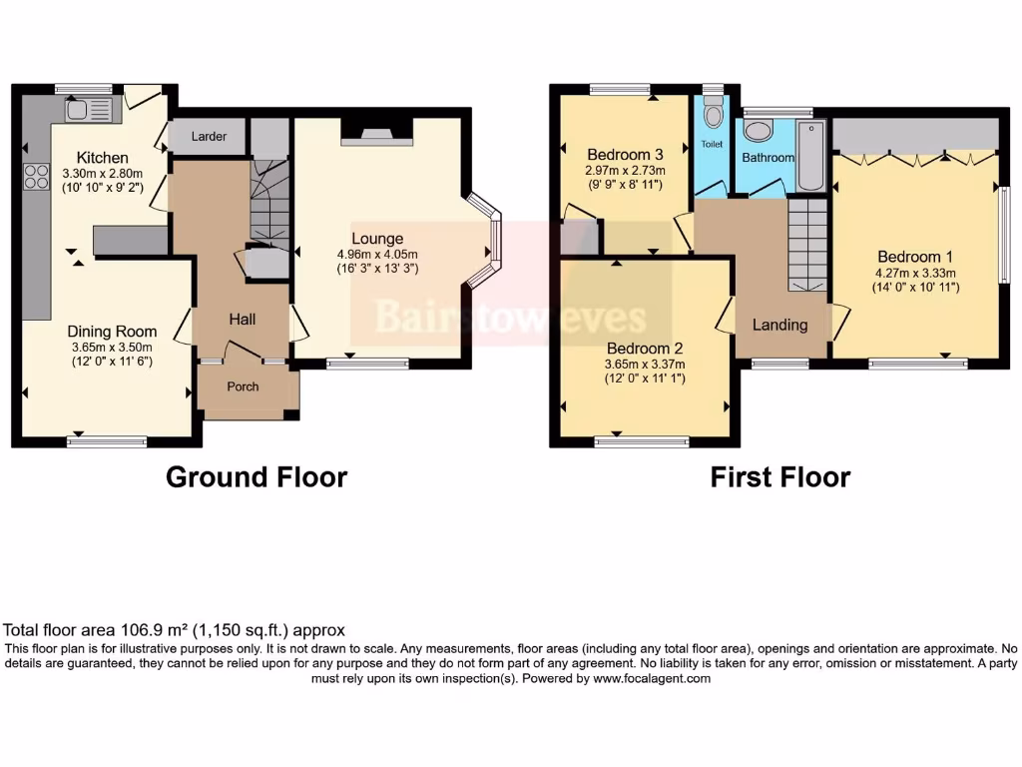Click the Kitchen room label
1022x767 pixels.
click(x=103, y=158)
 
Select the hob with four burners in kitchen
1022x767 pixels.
click(x=37, y=177)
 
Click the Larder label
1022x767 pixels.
click(x=209, y=137)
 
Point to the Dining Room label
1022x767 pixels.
click(x=112, y=332)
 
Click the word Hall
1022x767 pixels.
click(x=243, y=320)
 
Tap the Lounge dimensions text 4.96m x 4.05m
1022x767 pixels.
click(x=376, y=254)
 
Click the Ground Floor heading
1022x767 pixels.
click(x=255, y=477)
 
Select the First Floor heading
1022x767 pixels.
click(x=779, y=477)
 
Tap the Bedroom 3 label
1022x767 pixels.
click(x=625, y=155)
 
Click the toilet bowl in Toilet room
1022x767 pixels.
click(x=712, y=116)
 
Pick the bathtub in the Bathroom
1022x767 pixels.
click(x=810, y=157)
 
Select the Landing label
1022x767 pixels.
click(x=779, y=325)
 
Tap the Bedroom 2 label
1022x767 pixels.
click(x=645, y=349)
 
